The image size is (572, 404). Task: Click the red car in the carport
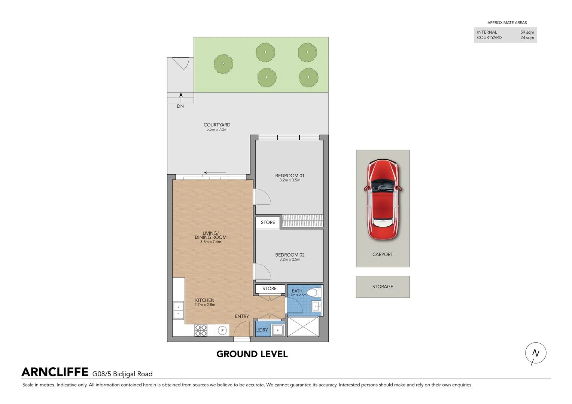(383, 199)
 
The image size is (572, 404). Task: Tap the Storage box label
(383, 287)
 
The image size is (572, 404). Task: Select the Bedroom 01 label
(290, 175)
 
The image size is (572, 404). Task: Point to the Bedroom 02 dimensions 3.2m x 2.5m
(290, 259)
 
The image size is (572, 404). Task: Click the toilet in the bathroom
(314, 293)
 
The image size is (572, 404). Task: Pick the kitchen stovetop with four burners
(201, 330)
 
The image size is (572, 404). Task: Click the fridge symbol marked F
(222, 331)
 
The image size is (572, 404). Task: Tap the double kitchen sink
(179, 310)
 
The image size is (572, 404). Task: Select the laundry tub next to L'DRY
(277, 330)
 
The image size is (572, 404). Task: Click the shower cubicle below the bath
(303, 327)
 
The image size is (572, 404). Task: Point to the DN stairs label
(180, 106)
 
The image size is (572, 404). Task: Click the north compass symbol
(535, 353)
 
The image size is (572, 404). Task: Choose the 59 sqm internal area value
(527, 32)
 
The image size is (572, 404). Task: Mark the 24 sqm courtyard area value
(527, 37)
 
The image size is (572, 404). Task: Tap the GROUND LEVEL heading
(252, 354)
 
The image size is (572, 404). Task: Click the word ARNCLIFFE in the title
(55, 372)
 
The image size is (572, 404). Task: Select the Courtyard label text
(217, 125)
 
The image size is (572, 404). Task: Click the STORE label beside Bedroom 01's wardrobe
(268, 222)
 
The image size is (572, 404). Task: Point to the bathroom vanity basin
(316, 306)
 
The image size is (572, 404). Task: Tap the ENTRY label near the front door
(242, 316)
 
